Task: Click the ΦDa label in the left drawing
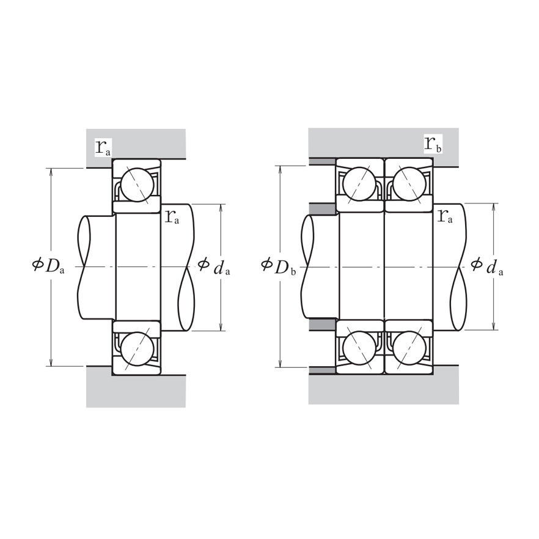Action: tap(48, 266)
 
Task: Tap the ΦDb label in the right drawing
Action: tap(278, 266)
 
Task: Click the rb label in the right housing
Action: tap(433, 145)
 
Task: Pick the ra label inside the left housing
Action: tap(103, 147)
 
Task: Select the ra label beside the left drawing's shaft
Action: tap(172, 216)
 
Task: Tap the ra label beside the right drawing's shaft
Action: tap(445, 216)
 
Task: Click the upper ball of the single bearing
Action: tap(136, 184)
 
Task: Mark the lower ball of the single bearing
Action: tap(136, 349)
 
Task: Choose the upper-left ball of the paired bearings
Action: tap(359, 183)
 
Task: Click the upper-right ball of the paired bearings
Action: tap(409, 183)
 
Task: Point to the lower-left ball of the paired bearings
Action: tap(359, 348)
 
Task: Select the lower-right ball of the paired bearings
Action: tap(409, 348)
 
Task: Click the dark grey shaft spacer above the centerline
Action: tap(323, 209)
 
